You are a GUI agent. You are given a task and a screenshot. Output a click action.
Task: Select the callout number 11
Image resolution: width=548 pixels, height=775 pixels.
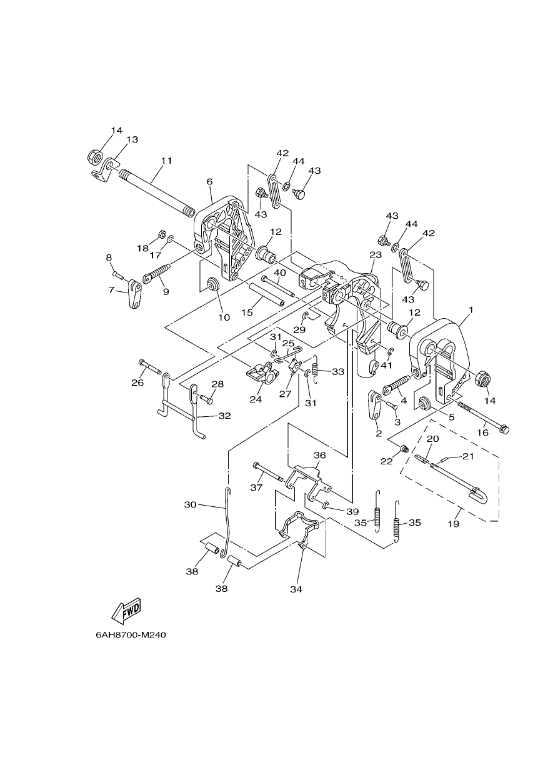tap(166, 161)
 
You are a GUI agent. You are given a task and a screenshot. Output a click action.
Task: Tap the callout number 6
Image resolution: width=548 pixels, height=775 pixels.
tap(210, 182)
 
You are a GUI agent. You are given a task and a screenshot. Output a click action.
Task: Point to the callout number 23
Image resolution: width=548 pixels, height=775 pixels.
tap(376, 255)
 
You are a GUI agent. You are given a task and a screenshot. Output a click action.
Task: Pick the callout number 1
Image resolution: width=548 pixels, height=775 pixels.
tap(471, 309)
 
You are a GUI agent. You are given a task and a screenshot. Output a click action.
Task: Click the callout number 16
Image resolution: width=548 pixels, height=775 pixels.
tap(483, 432)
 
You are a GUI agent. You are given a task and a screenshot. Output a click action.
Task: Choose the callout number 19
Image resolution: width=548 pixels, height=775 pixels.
tap(453, 524)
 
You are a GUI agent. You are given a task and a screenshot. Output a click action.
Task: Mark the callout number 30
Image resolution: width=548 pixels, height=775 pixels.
tap(191, 505)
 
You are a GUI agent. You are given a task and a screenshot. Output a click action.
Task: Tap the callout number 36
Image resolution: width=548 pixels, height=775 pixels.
tap(320, 455)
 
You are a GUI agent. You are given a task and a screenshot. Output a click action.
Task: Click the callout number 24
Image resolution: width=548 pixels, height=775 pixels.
tap(256, 400)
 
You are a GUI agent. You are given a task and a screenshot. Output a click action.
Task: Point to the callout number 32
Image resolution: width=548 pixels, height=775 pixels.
tap(224, 416)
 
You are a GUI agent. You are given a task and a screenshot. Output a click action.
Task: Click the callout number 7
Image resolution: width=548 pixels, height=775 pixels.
tap(111, 289)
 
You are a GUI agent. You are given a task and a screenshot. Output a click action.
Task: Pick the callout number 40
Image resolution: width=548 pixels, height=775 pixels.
tap(280, 272)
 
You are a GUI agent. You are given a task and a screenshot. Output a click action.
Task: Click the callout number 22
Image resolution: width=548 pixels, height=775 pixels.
tap(387, 461)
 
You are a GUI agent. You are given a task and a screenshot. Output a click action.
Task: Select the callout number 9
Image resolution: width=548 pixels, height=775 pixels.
tap(166, 292)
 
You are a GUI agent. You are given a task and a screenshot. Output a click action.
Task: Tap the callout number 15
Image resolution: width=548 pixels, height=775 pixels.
tap(247, 312)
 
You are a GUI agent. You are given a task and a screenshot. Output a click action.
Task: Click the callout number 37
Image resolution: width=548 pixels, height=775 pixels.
tap(257, 487)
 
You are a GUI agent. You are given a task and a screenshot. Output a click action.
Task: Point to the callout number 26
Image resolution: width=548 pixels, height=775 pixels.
tap(137, 382)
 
